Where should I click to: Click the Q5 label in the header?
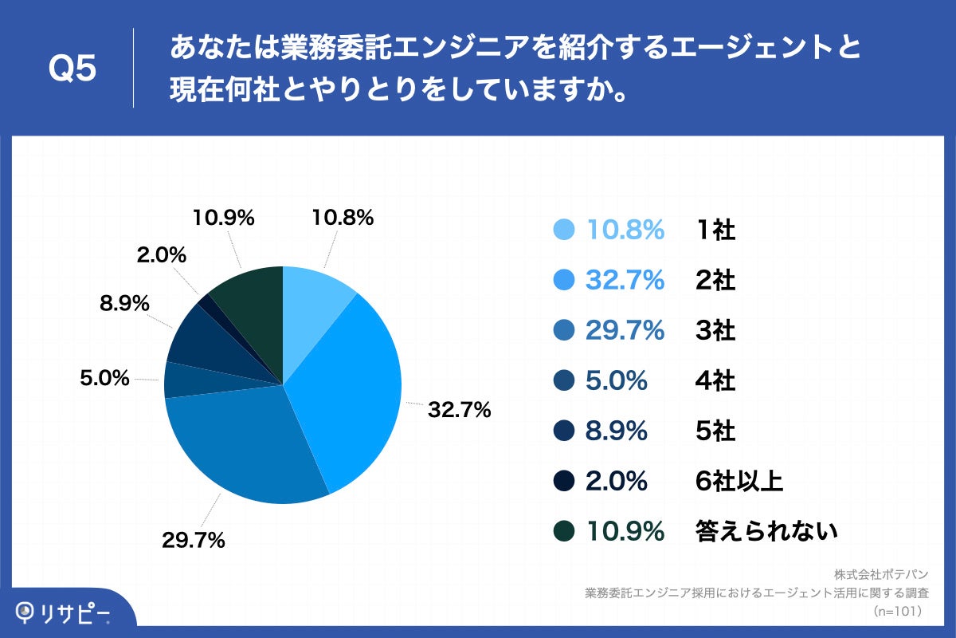pos(72,69)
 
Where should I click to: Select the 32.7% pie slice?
pos(351,383)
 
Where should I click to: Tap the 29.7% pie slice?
pos(247,447)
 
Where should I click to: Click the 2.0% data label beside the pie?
pos(161,255)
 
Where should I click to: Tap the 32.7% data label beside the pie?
pos(460,411)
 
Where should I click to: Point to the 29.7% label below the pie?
pos(193,540)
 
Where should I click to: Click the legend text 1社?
pos(715,230)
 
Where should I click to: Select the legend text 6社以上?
pos(739,481)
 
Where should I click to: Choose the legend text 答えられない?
pos(766,530)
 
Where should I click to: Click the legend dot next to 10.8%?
pos(563,230)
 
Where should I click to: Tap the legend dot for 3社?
pos(563,330)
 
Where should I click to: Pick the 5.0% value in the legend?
pos(616,381)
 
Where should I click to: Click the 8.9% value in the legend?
pos(616,431)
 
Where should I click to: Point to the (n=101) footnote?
pos(897,612)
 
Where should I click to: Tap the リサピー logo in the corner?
pos(64,612)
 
